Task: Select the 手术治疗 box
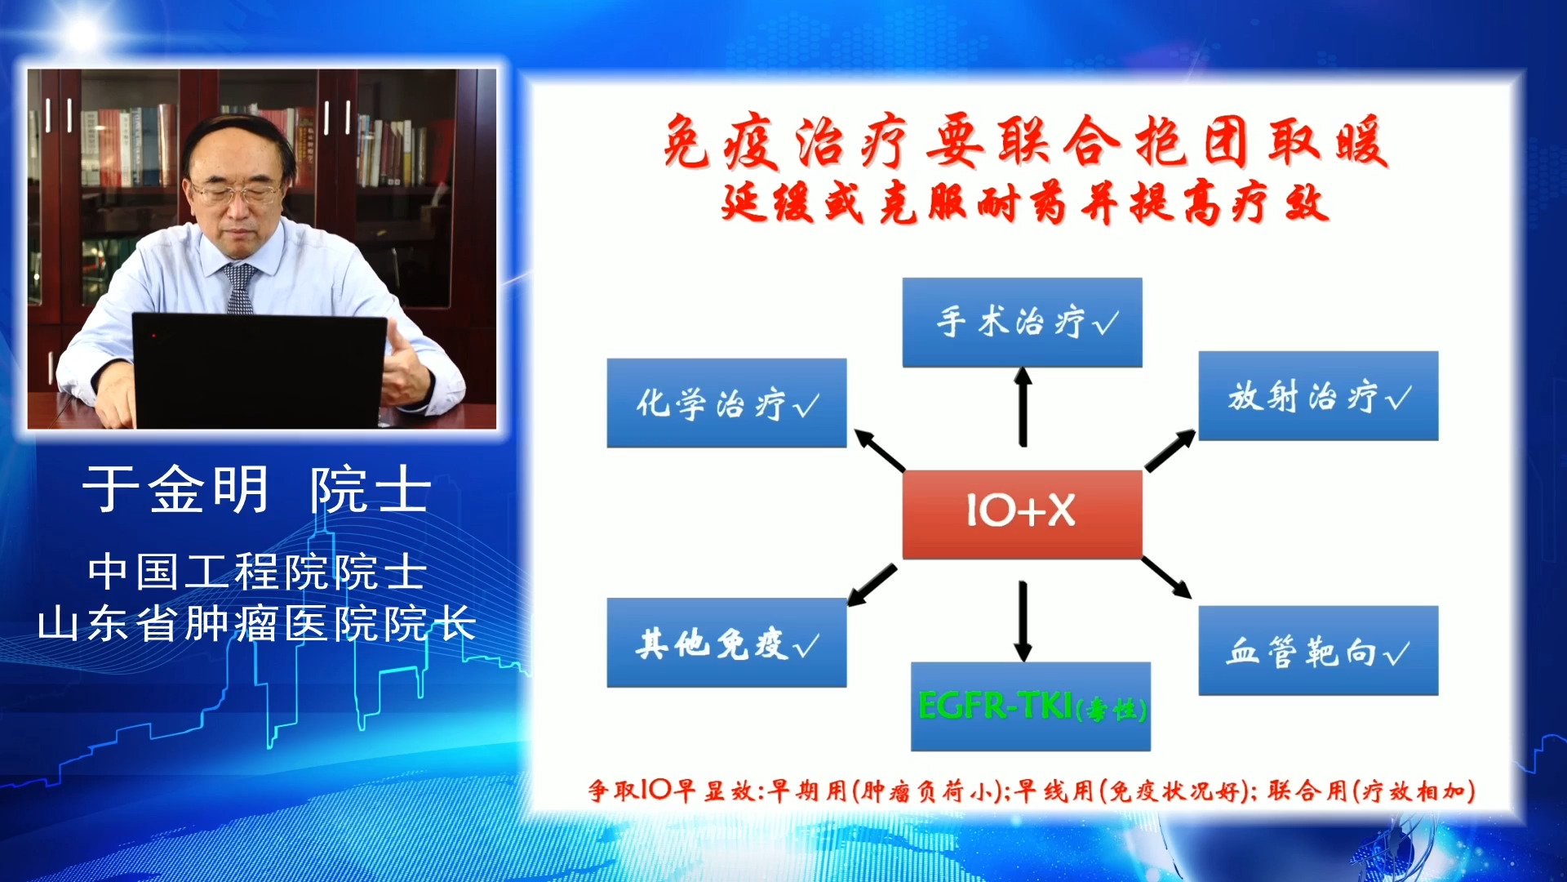pos(1022,323)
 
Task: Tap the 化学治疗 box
pos(726,403)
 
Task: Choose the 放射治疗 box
pos(1318,396)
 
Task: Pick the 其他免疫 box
pos(726,643)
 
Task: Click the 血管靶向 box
pos(1318,651)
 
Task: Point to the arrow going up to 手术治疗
pos(1023,407)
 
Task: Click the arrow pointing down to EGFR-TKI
pos(1023,621)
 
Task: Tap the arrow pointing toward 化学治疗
pos(880,450)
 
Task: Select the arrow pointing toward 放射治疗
pos(1170,450)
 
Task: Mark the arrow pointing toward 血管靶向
pos(1167,577)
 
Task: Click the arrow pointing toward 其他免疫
pos(872,585)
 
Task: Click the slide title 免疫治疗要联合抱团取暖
pos(1025,141)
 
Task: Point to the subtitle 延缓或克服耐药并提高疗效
pos(1025,203)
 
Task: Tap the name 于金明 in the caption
pos(176,489)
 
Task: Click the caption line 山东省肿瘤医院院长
pos(257,624)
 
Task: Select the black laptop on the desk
pos(260,370)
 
